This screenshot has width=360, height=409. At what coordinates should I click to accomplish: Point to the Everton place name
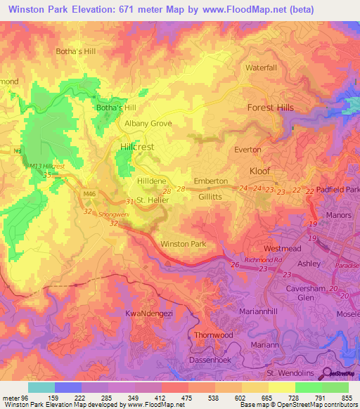click(247, 150)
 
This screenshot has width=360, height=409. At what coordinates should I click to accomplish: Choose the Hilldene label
click(152, 181)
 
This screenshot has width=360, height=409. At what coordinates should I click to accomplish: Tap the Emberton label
click(210, 181)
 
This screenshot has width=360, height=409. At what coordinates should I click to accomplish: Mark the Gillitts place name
click(210, 199)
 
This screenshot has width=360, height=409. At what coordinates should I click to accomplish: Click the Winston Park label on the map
click(183, 244)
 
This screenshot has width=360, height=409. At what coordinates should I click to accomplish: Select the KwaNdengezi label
click(148, 312)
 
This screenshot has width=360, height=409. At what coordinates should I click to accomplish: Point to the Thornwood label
click(213, 335)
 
